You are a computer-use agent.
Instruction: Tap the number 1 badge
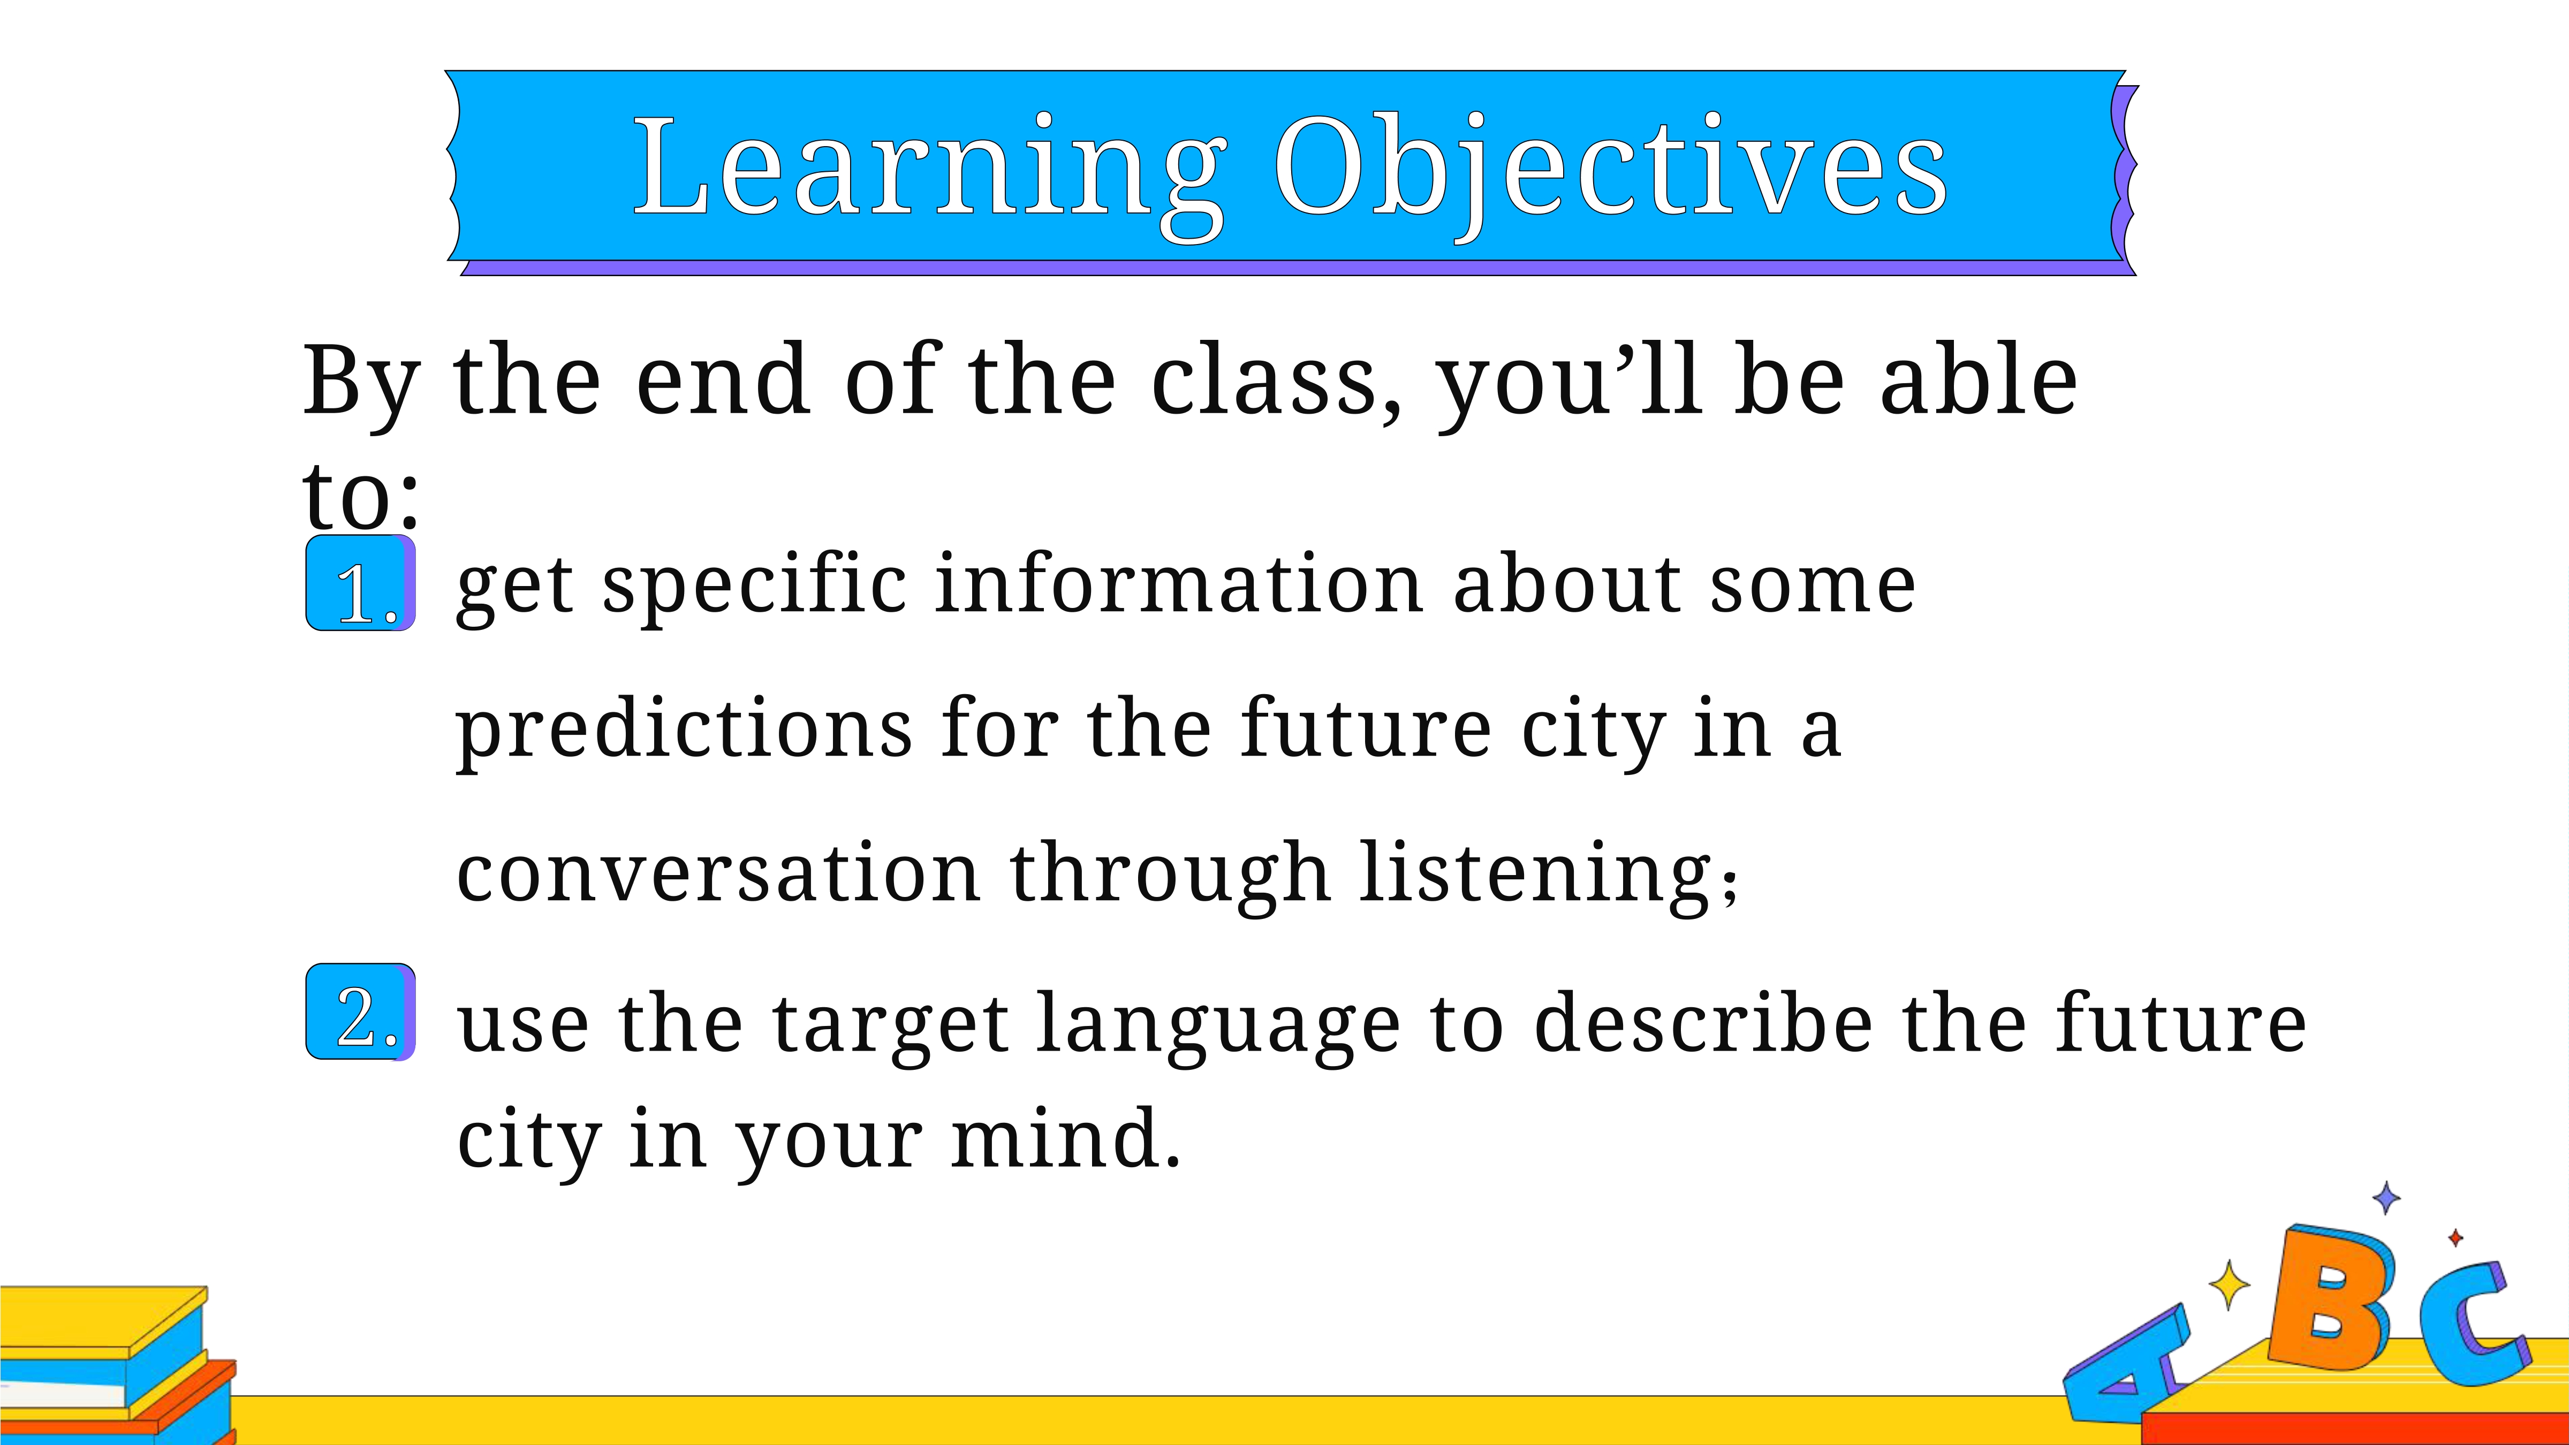360,583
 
